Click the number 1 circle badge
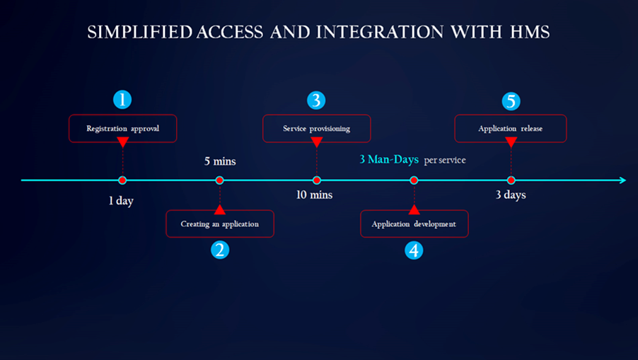tap(122, 100)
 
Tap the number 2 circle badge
tap(220, 250)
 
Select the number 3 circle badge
tap(316, 100)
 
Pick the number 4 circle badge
tap(414, 250)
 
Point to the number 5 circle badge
tap(511, 100)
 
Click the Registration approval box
tap(122, 129)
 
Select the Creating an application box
tap(220, 223)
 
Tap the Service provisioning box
tap(316, 129)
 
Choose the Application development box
tap(414, 223)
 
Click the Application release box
tap(511, 129)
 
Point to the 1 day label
tap(121, 201)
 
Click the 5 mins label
tap(220, 161)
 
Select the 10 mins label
tap(314, 194)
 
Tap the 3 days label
tap(510, 194)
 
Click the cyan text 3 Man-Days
tap(389, 160)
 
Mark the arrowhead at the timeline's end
tap(622, 180)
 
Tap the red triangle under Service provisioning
tap(316, 143)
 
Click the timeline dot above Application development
tap(414, 180)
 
